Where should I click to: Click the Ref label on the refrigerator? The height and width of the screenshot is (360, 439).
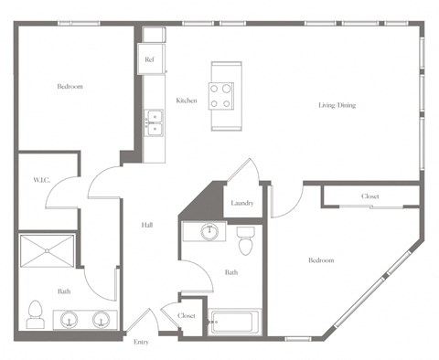pyautogui.click(x=151, y=60)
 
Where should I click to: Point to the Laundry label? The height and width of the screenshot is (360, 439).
pyautogui.click(x=241, y=203)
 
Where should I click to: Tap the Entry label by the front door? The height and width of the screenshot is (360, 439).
pyautogui.click(x=141, y=342)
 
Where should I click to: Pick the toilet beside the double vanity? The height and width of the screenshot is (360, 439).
pyautogui.click(x=36, y=313)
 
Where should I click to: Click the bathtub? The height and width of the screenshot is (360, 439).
pyautogui.click(x=234, y=323)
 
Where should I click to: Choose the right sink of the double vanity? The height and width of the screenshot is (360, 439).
pyautogui.click(x=102, y=320)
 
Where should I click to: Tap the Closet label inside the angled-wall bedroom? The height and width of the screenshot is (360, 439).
pyautogui.click(x=369, y=196)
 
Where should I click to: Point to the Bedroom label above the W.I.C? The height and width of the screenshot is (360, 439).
pyautogui.click(x=70, y=87)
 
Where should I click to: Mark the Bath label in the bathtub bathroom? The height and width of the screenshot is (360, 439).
pyautogui.click(x=231, y=271)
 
